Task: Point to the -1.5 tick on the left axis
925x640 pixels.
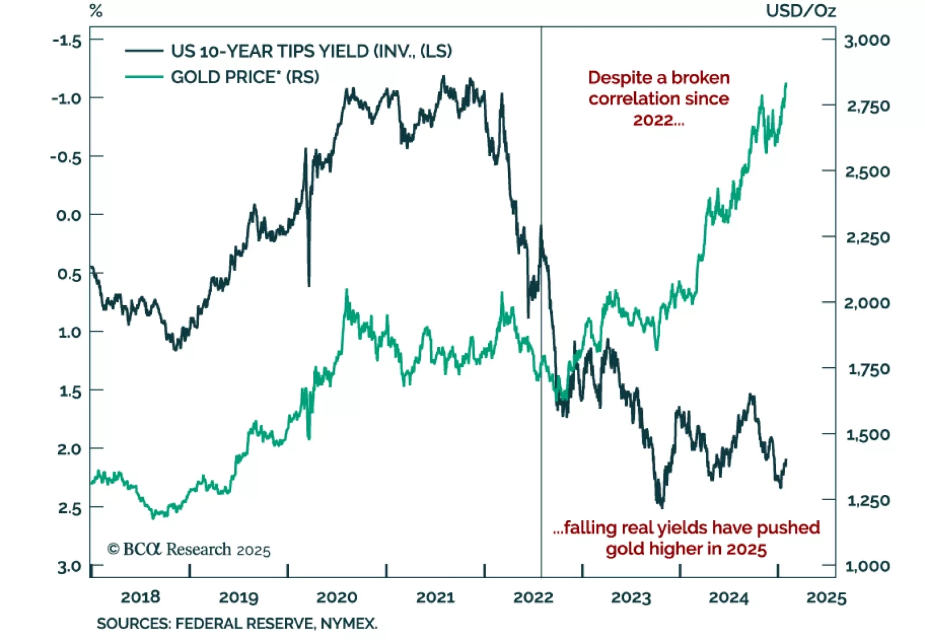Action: coord(66,40)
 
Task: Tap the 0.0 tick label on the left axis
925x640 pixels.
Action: coord(69,215)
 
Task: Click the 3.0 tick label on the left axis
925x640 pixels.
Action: coord(69,567)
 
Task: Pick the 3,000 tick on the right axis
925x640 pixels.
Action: coord(867,40)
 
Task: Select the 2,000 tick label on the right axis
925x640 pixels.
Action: coord(867,303)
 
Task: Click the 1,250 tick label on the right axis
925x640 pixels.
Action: coord(868,500)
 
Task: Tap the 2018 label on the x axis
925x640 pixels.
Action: coord(140,597)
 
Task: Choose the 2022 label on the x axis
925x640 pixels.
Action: coord(533,597)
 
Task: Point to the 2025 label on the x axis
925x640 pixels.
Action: coord(826,597)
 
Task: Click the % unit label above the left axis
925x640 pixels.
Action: coord(96,11)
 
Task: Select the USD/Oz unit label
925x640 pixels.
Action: coord(801,11)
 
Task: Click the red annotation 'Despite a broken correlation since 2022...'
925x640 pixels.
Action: coord(658,99)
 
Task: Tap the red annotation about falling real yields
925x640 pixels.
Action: coord(686,538)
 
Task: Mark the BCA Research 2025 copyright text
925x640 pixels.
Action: coord(189,549)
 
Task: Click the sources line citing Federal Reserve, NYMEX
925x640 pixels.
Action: coord(237,624)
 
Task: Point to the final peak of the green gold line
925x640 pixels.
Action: coord(786,84)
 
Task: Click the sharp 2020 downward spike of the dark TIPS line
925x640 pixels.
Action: coord(309,284)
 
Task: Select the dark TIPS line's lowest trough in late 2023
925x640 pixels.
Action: coord(661,506)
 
